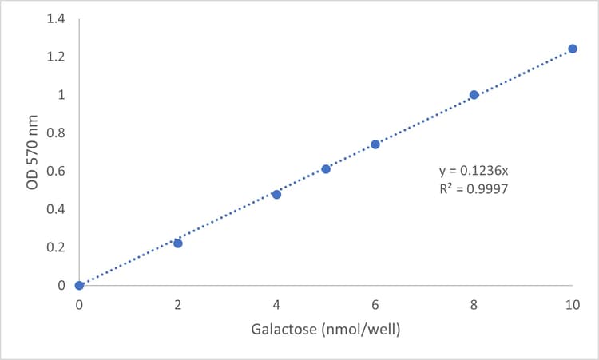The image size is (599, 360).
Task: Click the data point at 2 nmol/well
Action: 178,243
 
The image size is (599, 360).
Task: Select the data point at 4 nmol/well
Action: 276,194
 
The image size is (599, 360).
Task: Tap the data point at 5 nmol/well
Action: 326,169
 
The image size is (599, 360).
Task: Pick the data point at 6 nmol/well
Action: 375,144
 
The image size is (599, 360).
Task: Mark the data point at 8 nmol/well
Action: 474,95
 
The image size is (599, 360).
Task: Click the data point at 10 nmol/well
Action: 573,49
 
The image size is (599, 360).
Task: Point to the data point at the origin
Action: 79,285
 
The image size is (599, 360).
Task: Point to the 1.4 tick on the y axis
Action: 55,19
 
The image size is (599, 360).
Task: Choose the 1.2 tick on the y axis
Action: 55,57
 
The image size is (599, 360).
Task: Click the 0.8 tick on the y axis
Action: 55,133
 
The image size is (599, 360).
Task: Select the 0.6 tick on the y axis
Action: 55,171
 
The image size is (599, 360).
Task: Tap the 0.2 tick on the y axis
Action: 55,247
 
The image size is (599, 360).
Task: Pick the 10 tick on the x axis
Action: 571,305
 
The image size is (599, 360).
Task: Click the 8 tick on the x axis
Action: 474,305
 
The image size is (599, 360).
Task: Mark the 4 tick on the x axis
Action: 276,305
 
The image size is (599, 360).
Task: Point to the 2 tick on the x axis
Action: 178,305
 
